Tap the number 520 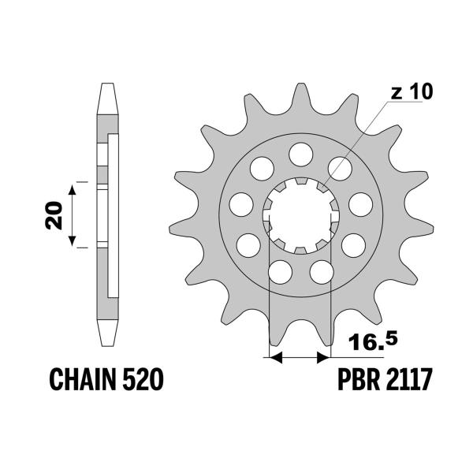point(143,382)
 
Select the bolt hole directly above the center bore point(300,153)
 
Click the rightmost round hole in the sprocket point(360,203)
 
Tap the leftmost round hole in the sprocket point(240,204)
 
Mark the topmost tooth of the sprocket point(299,93)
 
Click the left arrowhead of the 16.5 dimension point(276,358)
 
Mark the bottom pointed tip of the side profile point(107,342)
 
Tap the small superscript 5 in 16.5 point(392,334)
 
